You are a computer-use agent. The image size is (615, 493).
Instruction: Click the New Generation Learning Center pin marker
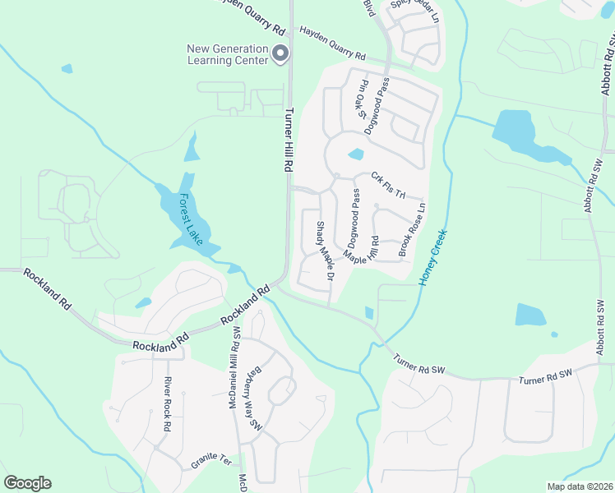(280, 54)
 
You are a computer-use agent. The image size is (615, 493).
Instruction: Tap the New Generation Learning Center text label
(229, 54)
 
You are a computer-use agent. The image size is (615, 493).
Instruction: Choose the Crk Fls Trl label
(388, 184)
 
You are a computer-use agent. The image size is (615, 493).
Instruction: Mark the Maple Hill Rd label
(361, 249)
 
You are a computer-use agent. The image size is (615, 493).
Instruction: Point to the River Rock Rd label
(166, 404)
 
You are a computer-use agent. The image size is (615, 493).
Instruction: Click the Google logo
(27, 483)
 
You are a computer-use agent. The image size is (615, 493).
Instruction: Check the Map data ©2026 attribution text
(580, 486)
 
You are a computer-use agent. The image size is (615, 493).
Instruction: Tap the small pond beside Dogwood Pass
(356, 154)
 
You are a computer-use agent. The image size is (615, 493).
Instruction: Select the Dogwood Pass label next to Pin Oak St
(379, 104)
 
